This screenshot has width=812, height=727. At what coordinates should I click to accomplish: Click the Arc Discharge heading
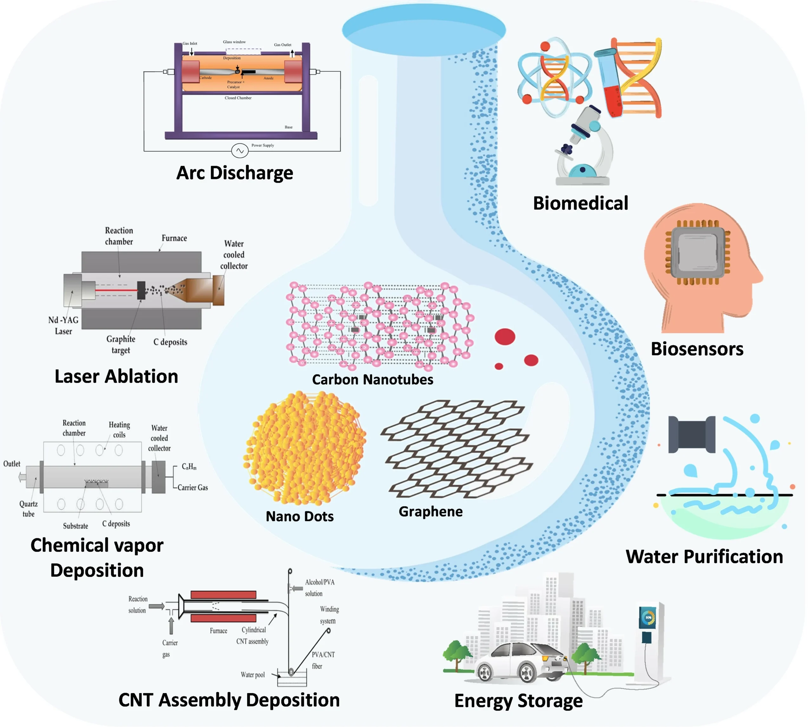click(x=235, y=173)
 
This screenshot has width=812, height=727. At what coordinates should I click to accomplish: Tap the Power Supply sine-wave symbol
click(x=240, y=151)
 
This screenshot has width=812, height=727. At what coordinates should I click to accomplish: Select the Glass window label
click(x=234, y=42)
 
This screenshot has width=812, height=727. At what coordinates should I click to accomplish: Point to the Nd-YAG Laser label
click(x=63, y=326)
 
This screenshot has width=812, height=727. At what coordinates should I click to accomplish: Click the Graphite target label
click(x=121, y=344)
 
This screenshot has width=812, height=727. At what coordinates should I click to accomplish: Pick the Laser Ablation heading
click(x=116, y=376)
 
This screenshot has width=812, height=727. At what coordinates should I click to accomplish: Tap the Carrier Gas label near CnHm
click(x=193, y=487)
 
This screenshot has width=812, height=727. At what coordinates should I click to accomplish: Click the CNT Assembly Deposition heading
click(x=229, y=700)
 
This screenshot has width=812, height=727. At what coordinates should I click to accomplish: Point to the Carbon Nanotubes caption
click(x=372, y=380)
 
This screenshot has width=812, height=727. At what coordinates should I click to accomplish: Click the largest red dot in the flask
click(x=505, y=337)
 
